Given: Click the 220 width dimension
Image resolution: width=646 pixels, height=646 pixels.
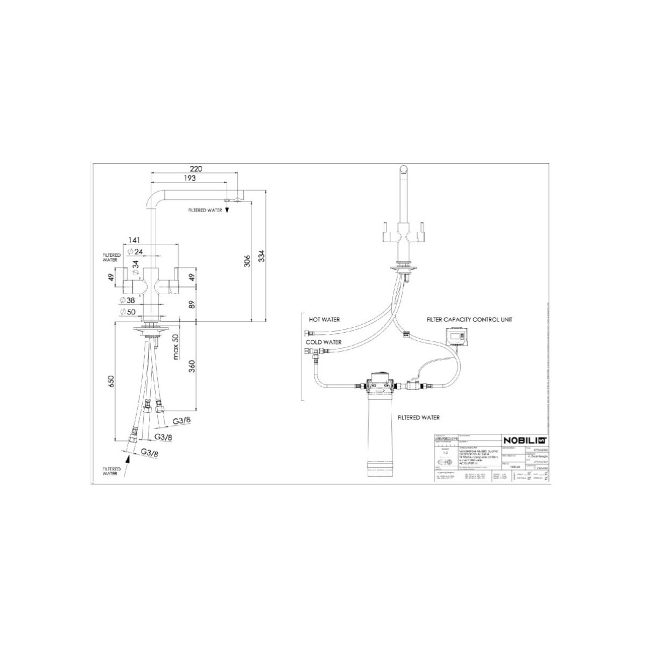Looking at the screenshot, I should [196, 168].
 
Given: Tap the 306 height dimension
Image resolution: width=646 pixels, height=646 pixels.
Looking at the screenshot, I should [247, 261].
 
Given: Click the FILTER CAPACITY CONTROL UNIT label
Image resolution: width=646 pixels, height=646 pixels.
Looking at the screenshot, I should [469, 319].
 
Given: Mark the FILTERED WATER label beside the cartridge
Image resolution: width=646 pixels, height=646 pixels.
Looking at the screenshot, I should [418, 417].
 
